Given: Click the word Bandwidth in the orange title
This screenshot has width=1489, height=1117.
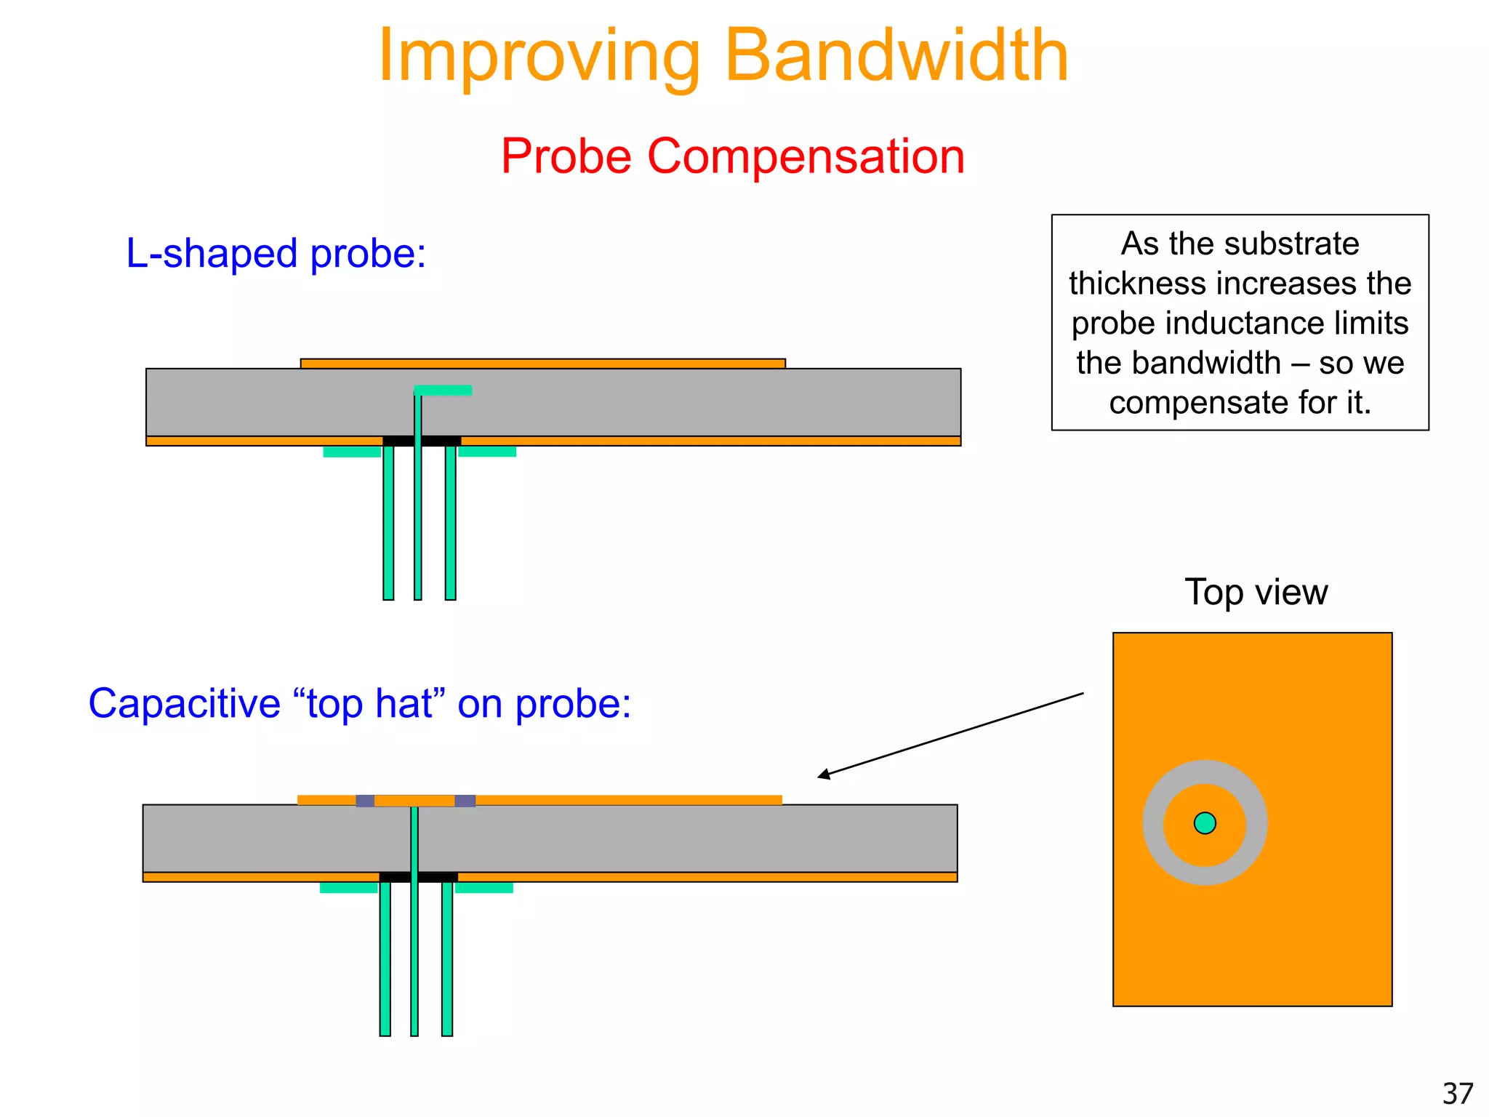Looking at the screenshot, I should click(896, 56).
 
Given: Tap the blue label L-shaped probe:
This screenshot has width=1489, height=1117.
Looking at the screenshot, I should click(276, 254).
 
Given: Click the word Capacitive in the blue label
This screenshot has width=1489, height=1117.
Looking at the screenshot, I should click(184, 704).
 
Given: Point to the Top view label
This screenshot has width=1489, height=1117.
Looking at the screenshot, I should click(1256, 592).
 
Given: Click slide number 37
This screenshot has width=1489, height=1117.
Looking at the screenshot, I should click(1457, 1094).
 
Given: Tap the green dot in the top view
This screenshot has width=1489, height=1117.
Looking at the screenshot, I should click(1205, 823).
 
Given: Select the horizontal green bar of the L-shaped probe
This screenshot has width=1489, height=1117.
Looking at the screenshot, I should click(444, 391).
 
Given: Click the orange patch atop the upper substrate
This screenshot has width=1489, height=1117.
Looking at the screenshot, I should click(543, 364).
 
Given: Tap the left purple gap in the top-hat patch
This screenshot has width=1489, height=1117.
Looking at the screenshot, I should click(365, 801).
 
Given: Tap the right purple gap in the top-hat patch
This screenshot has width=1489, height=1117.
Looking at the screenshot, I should click(465, 801).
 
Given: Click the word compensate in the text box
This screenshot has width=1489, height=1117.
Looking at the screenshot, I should click(1184, 403).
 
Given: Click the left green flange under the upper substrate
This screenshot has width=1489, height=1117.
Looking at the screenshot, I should click(352, 452).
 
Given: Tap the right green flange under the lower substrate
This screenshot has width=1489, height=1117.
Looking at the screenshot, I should click(484, 888).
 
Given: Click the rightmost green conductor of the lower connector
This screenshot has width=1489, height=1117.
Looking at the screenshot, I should click(447, 960).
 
